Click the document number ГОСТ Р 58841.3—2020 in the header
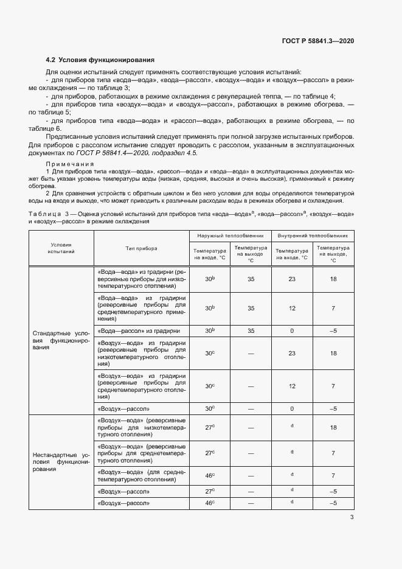tap(319, 41)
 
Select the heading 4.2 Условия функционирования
tap(100, 60)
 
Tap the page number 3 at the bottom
tap(352, 518)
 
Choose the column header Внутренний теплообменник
tap(313, 234)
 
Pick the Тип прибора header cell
tap(141, 248)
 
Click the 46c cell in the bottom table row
tap(209, 503)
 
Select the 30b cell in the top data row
tap(209, 278)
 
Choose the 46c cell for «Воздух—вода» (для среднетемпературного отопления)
tap(209, 475)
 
